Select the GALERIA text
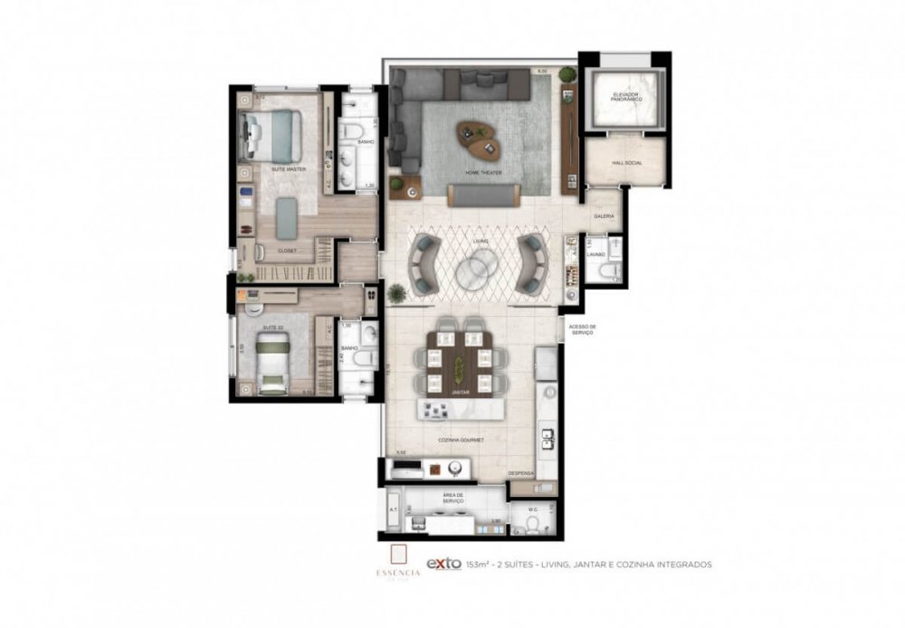coord(605,216)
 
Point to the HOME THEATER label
coord(483,173)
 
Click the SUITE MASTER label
coord(289,169)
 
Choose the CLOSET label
coord(287,251)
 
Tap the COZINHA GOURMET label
coord(462,440)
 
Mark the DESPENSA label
coord(521,473)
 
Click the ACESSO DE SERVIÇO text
coord(580,330)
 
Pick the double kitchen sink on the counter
coord(548,438)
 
